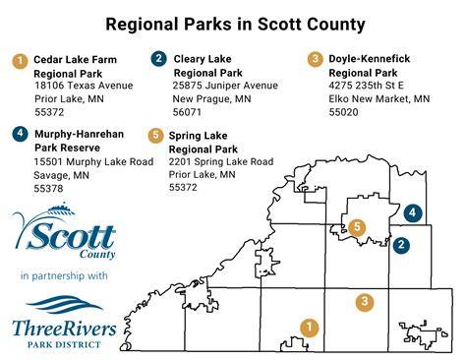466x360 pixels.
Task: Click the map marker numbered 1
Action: coord(309,327)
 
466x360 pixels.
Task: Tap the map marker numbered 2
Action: coord(401,244)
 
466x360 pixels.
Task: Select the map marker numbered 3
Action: coord(365,301)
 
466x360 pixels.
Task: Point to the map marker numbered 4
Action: coord(413,212)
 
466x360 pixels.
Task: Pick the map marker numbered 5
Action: coord(357,227)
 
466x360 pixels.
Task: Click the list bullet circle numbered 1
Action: coord(20,61)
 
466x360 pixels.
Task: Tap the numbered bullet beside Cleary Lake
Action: coord(158,59)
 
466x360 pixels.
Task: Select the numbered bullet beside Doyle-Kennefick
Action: coord(315,59)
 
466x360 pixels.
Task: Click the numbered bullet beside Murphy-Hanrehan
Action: coord(21,134)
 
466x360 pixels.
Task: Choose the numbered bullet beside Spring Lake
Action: coord(155,135)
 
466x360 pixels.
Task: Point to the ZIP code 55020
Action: coord(343,112)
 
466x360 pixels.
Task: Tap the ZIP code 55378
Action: coord(48,189)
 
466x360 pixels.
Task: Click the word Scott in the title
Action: coord(279,25)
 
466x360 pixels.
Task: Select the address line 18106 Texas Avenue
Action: coord(84,86)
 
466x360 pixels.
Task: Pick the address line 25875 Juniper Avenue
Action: coord(225,86)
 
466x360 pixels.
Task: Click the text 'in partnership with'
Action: coord(64,275)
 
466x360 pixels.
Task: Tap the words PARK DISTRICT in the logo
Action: coord(64,344)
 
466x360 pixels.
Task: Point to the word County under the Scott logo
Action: coord(97,255)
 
